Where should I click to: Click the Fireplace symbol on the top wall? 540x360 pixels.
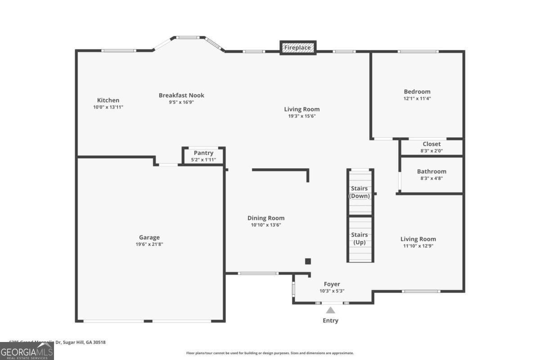[298, 47]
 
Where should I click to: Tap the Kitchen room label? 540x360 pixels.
[108, 100]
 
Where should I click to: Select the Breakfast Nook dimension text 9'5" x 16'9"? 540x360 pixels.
[181, 102]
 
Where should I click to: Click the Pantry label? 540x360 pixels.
[203, 153]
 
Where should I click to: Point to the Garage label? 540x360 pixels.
[149, 238]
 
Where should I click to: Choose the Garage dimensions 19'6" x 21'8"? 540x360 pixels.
[149, 244]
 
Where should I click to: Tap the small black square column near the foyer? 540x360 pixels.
[308, 261]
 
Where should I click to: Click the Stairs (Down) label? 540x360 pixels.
[360, 192]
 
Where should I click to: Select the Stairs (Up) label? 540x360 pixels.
[360, 238]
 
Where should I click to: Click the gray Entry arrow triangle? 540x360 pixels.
[330, 310]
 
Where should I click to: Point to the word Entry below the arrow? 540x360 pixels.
[330, 320]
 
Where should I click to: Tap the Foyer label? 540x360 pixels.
[332, 284]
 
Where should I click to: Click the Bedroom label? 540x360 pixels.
[417, 91]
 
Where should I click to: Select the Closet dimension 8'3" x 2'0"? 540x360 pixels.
[432, 151]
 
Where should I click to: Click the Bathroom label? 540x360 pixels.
[432, 171]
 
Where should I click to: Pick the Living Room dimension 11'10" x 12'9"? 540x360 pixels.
[418, 246]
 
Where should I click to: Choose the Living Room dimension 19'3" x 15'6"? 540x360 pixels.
[302, 116]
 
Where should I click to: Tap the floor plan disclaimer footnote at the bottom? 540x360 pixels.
[270, 353]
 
